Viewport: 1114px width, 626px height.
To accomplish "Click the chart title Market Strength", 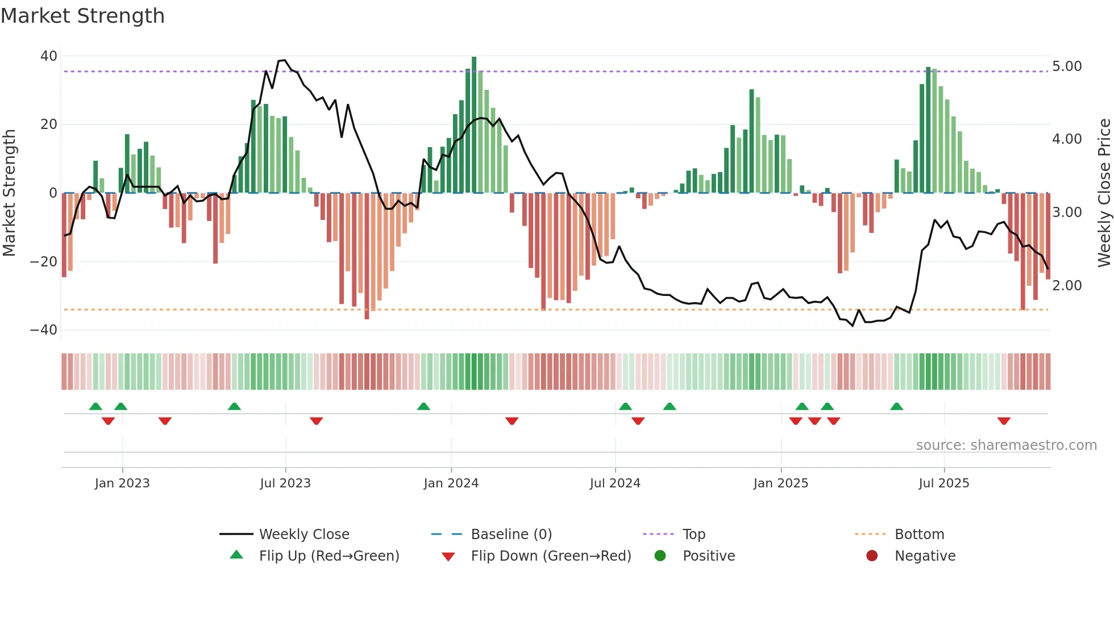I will click(x=82, y=16).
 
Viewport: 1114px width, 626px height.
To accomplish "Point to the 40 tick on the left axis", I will click(x=49, y=56).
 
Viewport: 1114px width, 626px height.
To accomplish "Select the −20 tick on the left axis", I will click(x=44, y=262).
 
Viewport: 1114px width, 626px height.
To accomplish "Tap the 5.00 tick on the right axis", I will click(x=1067, y=66).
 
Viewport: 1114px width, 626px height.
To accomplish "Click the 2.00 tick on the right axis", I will click(x=1067, y=286).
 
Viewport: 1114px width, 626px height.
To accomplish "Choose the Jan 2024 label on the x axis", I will click(x=451, y=483).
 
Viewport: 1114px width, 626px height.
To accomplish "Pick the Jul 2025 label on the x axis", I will click(x=943, y=483).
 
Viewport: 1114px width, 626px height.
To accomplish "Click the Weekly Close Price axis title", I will click(x=1104, y=193).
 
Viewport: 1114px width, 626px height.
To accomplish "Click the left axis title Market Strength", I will click(x=10, y=193).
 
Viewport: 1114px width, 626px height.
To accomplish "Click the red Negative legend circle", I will click(x=872, y=556).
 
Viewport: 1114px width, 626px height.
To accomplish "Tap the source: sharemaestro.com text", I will click(x=1006, y=445).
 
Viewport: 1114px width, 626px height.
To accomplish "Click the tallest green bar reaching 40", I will click(x=474, y=125).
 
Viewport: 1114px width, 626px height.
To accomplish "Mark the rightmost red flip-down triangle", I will click(x=1004, y=421).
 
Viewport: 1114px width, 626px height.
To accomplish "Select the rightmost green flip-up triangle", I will click(x=896, y=406).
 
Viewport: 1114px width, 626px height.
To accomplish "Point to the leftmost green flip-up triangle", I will click(x=95, y=406).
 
